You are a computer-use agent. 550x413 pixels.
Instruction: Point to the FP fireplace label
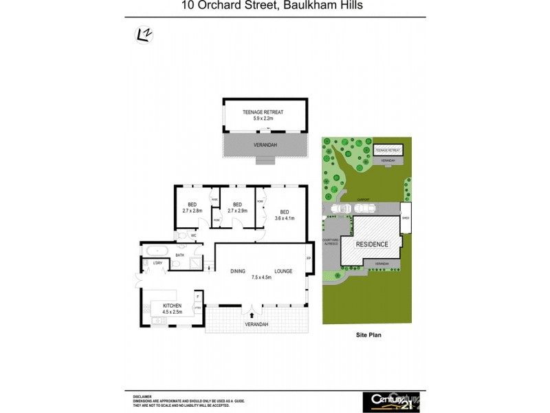click(309, 260)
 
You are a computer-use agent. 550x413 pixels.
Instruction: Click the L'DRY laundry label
click(157, 264)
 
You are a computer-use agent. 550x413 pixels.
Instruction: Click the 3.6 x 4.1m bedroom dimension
click(285, 218)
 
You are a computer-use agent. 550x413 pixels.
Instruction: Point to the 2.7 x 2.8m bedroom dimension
click(192, 211)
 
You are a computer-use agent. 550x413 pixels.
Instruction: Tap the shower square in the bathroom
click(197, 262)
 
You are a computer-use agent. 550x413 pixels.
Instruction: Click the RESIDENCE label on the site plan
click(372, 244)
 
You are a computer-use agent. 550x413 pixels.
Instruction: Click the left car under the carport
click(340, 209)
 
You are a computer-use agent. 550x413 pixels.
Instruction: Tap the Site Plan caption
click(368, 335)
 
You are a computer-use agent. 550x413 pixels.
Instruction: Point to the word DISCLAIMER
click(142, 396)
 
